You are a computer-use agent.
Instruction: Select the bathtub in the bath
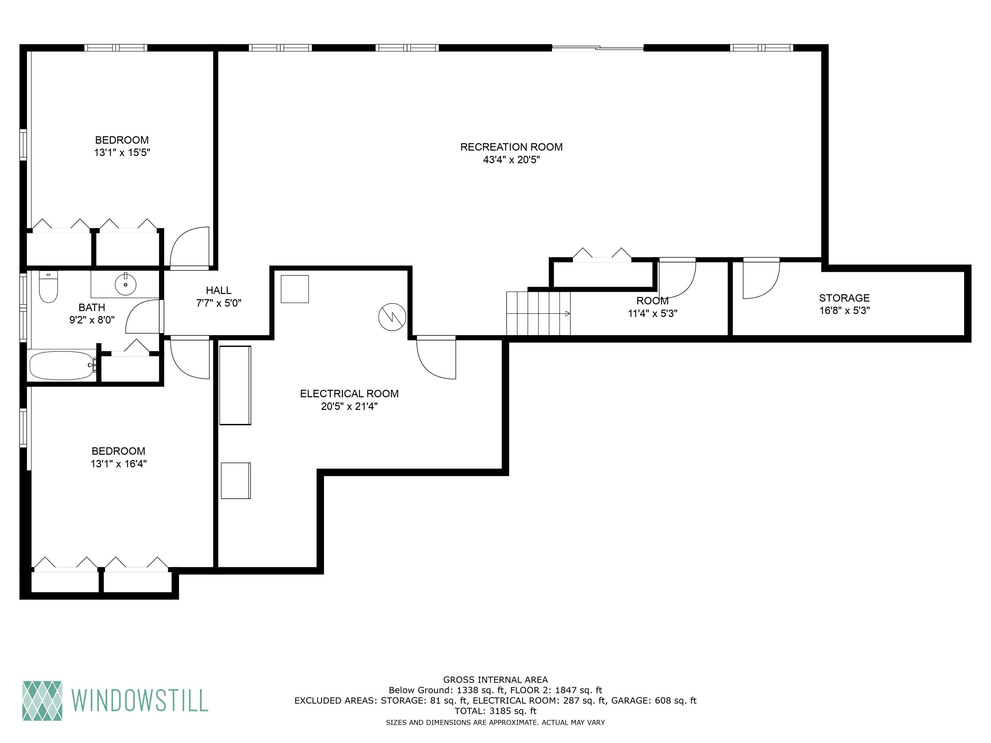click(x=62, y=366)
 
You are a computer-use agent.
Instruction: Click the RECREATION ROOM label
click(x=511, y=147)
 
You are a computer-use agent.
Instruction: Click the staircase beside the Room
click(x=537, y=313)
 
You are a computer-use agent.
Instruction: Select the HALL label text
click(x=219, y=290)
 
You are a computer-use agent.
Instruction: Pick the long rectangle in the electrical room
click(x=235, y=385)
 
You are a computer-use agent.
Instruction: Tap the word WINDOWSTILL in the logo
click(x=140, y=701)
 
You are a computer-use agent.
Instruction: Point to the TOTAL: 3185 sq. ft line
click(x=495, y=711)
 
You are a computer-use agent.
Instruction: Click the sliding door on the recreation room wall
click(x=598, y=48)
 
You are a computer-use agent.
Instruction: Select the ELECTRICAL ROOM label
click(x=349, y=394)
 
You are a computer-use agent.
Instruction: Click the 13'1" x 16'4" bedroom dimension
click(x=119, y=464)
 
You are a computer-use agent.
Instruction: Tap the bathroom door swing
click(x=142, y=317)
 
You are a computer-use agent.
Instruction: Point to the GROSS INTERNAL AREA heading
click(x=495, y=680)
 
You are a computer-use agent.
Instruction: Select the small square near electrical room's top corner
click(x=295, y=289)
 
